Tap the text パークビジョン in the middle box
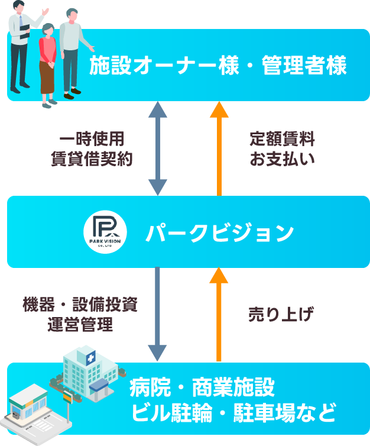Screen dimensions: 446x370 coord(219,232)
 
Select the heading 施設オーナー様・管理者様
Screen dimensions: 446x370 coord(218,66)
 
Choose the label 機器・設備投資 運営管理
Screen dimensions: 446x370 coord(80,315)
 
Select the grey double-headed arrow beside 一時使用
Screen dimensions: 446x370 coord(158,148)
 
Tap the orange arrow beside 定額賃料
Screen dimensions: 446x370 coord(219,148)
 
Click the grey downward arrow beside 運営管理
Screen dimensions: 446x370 coord(158,314)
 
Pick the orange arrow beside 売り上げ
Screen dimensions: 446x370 coord(219,314)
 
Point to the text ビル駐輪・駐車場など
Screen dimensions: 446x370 coord(233,411)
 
